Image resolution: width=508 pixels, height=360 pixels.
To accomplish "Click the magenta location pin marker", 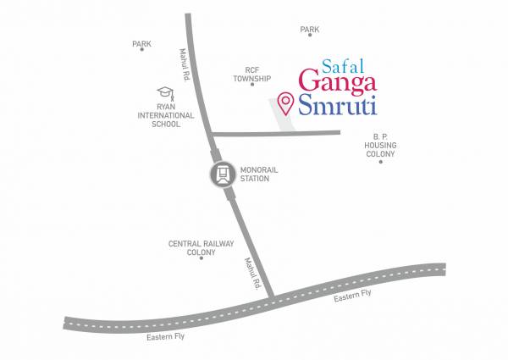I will [286, 102].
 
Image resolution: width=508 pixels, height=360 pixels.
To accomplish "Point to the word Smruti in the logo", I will [338, 108].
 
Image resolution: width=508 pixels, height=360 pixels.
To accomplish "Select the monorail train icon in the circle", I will [222, 174].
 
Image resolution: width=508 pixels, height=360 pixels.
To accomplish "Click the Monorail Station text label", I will [259, 174].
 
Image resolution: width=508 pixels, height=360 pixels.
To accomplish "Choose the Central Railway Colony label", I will [201, 247].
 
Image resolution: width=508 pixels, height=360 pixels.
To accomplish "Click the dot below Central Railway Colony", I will [201, 258].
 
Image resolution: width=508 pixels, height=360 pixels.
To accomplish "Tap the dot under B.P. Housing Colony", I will [380, 161].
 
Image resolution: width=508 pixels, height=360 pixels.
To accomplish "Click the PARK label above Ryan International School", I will [141, 43].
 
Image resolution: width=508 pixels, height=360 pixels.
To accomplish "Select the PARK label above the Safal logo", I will [310, 30].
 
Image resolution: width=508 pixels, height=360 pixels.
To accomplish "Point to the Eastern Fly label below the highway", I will [166, 337].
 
